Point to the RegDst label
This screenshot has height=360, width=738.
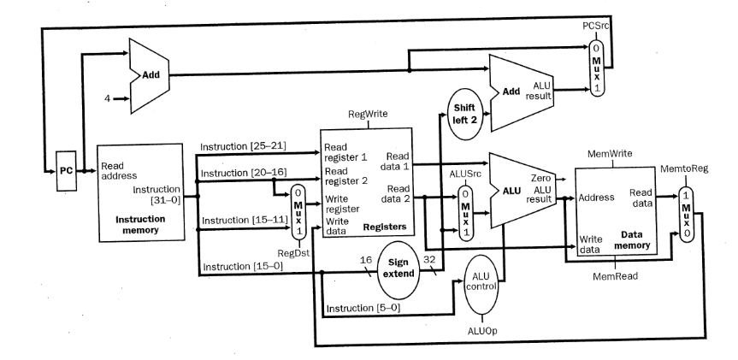(298, 253)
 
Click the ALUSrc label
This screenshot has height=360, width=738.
(465, 172)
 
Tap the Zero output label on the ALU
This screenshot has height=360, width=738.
(540, 178)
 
